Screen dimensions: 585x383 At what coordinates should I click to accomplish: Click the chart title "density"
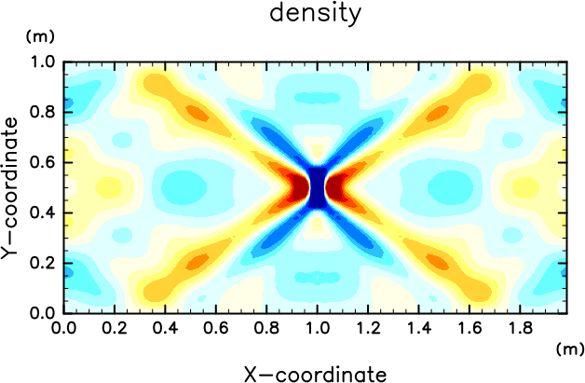pos(315,13)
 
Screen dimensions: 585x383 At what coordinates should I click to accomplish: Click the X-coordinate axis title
pos(315,374)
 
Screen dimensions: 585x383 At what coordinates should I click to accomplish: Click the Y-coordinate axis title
pos(9,187)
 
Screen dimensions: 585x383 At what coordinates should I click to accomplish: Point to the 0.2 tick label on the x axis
pos(115,328)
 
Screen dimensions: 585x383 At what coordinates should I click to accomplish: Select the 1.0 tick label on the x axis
pos(317,328)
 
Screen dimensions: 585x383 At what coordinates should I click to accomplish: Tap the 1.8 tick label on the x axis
pos(520,328)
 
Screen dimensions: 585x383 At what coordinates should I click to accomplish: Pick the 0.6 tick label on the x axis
pos(215,328)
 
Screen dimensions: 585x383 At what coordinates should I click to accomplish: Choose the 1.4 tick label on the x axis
pos(418,328)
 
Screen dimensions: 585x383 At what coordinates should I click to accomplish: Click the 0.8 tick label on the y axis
pos(42,112)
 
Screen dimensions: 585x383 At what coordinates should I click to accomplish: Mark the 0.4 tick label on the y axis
pos(42,212)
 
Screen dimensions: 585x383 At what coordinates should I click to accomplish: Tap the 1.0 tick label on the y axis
pos(43,62)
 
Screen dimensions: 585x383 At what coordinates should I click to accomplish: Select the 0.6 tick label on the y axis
pos(42,162)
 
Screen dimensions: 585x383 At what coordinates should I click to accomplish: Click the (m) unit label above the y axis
pos(40,36)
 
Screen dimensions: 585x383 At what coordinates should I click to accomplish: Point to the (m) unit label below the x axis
pos(570,349)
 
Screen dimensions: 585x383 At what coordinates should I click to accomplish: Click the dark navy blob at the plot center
pos(317,187)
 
